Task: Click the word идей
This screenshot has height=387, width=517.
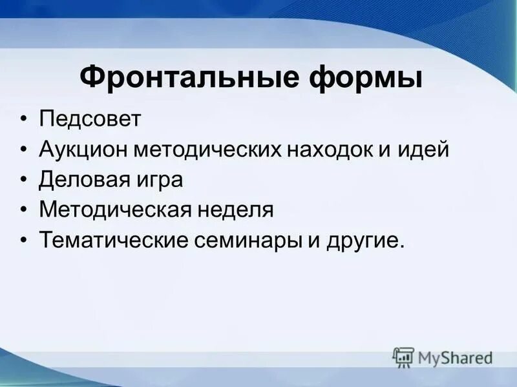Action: tap(426, 150)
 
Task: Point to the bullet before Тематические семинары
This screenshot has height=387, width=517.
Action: tap(24, 241)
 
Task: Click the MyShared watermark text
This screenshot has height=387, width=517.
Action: tap(455, 357)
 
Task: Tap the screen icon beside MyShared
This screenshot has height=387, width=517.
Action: tap(403, 357)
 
